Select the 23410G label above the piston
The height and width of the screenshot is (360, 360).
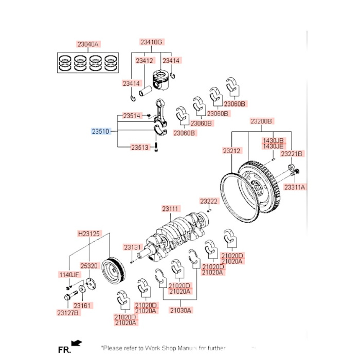coord(151,42)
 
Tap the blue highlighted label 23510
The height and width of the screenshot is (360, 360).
coord(100,132)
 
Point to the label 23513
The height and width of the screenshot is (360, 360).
coord(139,148)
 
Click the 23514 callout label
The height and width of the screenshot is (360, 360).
coord(132,116)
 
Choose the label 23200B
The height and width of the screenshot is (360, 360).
coord(261,121)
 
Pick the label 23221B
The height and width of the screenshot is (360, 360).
coord(292,153)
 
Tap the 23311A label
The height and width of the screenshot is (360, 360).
coord(295,188)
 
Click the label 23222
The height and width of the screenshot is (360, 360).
coord(209,201)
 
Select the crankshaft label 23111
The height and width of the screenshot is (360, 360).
coord(170,209)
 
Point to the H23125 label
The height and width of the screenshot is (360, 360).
coord(88,233)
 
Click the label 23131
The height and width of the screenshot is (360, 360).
coord(132,247)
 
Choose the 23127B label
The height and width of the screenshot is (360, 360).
coord(68,312)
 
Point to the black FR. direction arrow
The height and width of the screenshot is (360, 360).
coord(77,342)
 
